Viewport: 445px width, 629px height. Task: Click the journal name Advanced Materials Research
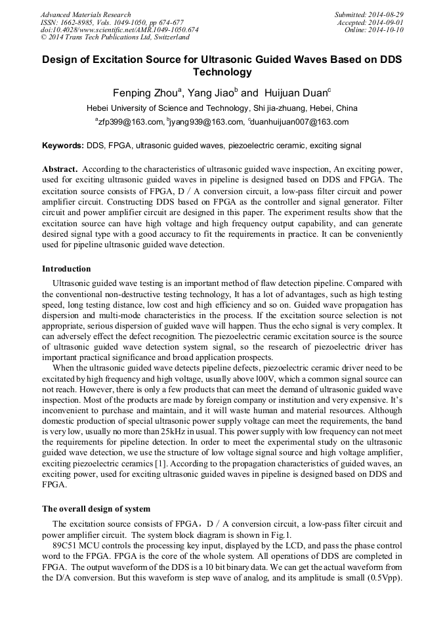[x=86, y=14]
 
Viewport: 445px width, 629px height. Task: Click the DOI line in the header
[x=119, y=30]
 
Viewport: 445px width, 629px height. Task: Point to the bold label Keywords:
[x=63, y=145]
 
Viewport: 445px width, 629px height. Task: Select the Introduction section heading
[x=66, y=269]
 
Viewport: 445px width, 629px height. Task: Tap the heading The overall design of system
[x=96, y=509]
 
